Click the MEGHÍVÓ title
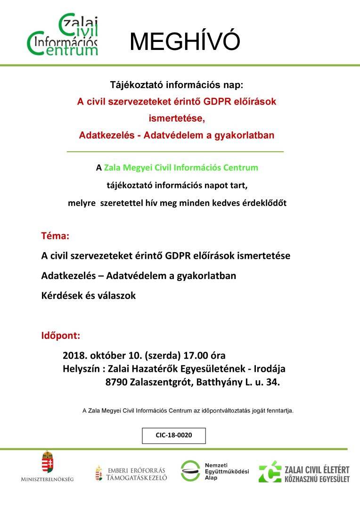[x=185, y=42]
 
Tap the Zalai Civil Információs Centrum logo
[x=63, y=35]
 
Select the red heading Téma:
[x=55, y=235]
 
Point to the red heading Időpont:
[x=60, y=336]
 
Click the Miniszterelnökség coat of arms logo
[x=47, y=467]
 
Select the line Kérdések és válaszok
[x=88, y=296]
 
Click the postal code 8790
[x=116, y=383]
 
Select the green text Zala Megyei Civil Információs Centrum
[x=181, y=167]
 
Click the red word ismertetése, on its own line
[x=177, y=118]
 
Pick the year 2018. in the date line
[x=74, y=355]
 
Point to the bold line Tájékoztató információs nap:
[x=177, y=85]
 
